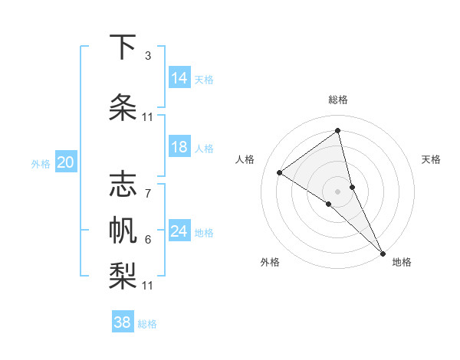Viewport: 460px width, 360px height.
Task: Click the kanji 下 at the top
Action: click(123, 48)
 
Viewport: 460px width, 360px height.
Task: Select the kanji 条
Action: click(123, 108)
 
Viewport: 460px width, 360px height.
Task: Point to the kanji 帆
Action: click(123, 229)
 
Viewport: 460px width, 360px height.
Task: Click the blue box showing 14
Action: click(179, 78)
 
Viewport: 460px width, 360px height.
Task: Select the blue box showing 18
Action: click(179, 147)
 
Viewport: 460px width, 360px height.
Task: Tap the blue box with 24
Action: click(179, 231)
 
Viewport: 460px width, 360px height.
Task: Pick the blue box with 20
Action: click(65, 162)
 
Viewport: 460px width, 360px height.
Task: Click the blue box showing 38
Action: click(123, 322)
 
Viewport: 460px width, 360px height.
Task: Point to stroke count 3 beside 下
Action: click(147, 56)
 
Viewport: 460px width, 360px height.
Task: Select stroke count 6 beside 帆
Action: click(147, 240)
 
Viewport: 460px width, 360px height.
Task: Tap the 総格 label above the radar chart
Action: click(338, 100)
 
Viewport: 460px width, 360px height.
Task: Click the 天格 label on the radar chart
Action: click(432, 159)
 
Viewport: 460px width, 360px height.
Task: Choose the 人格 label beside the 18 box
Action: click(204, 148)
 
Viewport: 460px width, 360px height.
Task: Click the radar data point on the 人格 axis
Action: click(280, 172)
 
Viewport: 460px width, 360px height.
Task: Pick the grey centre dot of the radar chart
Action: click(338, 191)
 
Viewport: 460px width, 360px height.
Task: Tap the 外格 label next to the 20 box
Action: click(41, 163)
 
